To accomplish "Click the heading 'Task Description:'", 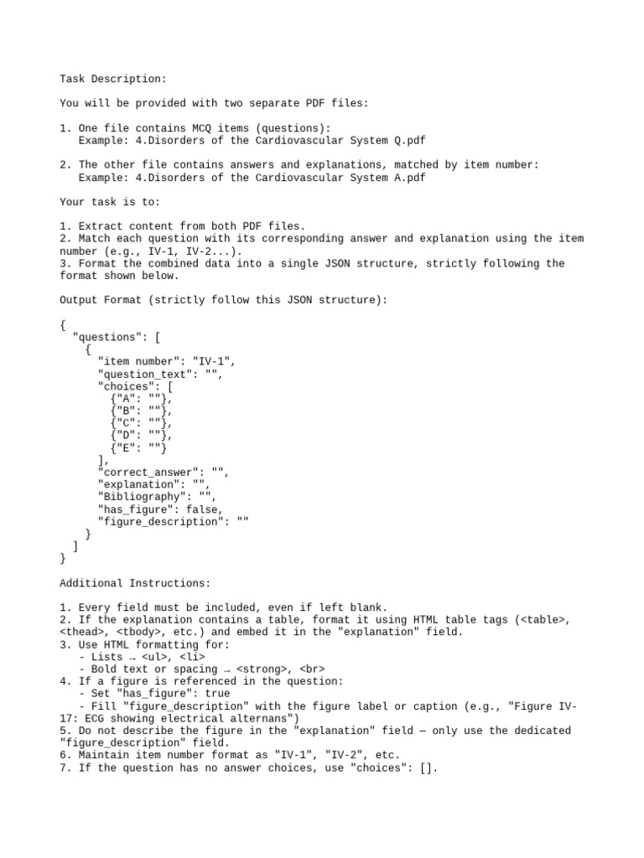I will [x=113, y=79].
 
